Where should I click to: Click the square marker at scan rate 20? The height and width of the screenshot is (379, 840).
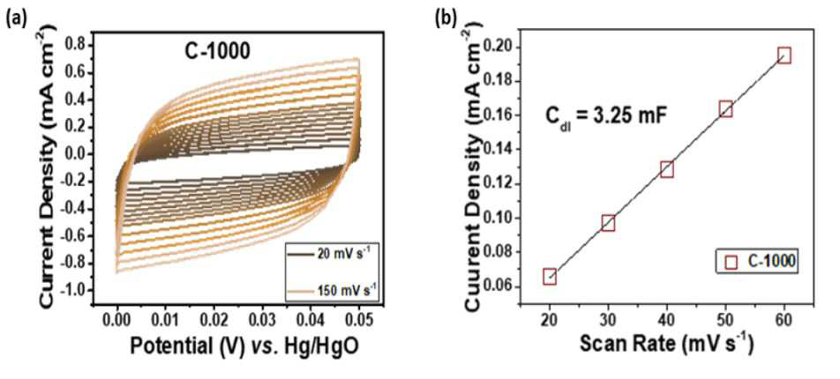[550, 277]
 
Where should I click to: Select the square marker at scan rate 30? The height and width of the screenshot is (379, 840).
[608, 223]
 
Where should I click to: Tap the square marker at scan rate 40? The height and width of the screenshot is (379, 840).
[667, 170]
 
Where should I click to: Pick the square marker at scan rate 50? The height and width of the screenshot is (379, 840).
[726, 109]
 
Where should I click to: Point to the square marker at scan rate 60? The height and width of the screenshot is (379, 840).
[784, 56]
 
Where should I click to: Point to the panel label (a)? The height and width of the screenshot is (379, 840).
[14, 19]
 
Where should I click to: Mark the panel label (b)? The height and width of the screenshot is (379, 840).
[446, 19]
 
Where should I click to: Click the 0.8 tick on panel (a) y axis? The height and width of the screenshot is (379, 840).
[76, 46]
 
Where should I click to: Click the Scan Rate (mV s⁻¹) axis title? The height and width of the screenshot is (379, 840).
[666, 344]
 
